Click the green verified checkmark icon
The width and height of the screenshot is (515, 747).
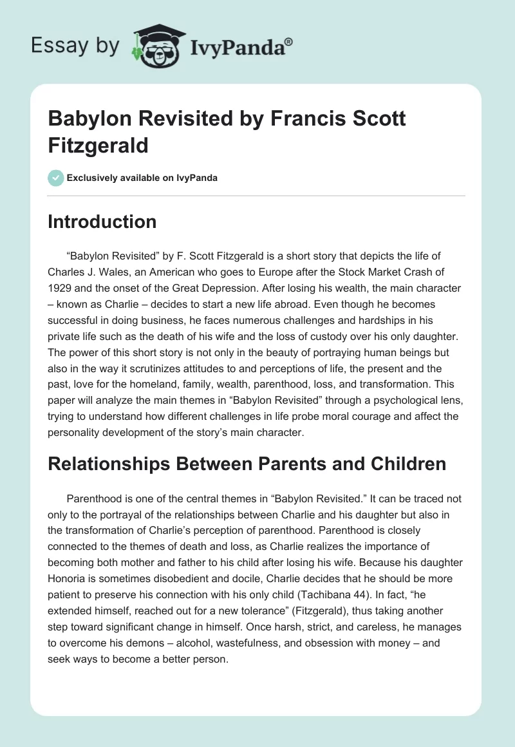tap(56, 178)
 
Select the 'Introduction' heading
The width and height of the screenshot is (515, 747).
tap(102, 222)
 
